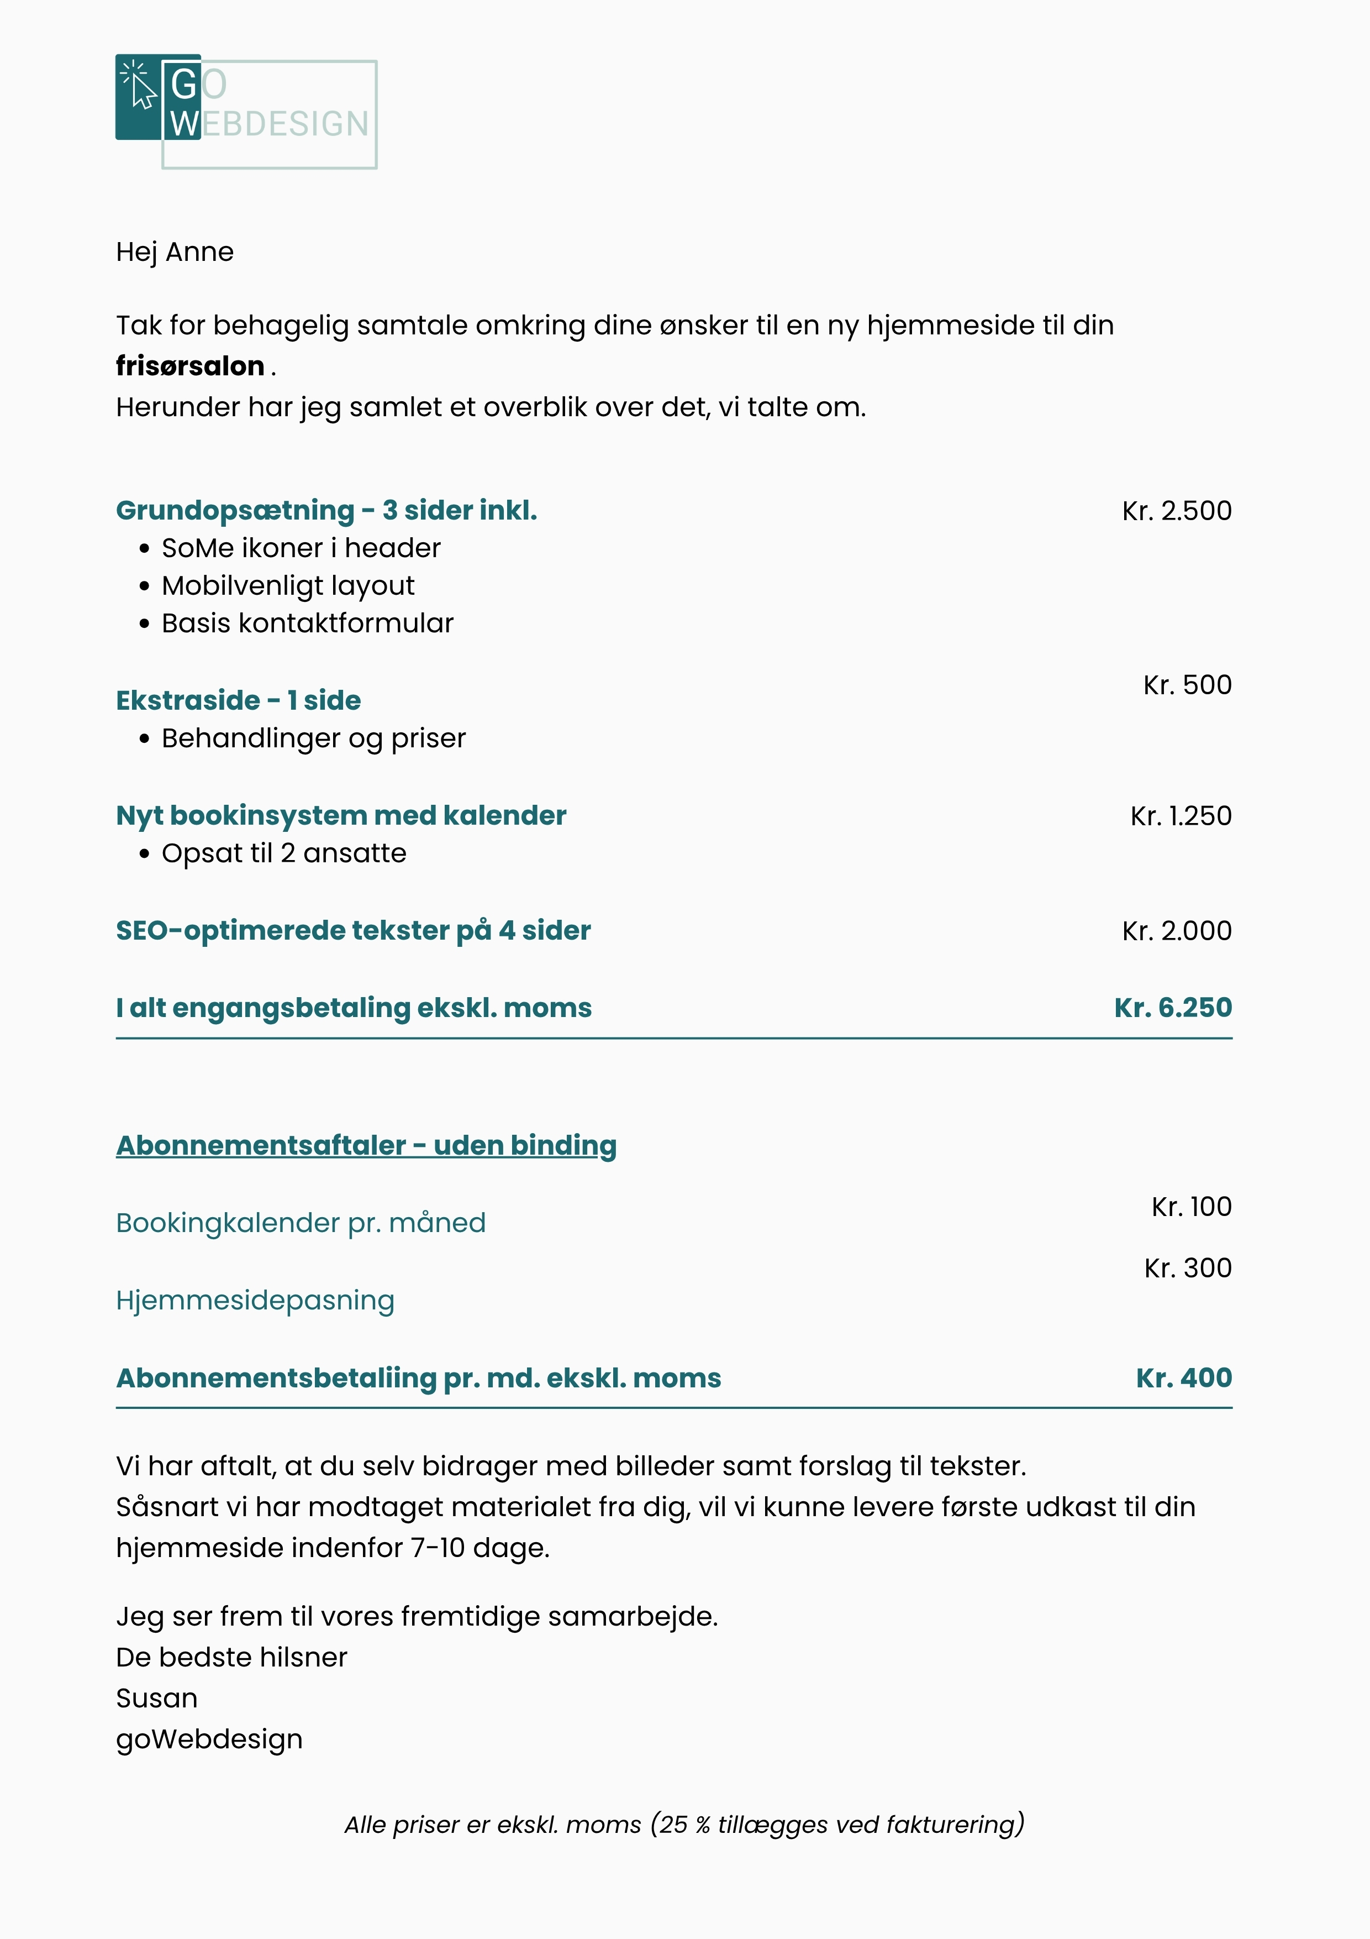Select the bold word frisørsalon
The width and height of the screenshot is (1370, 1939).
[190, 366]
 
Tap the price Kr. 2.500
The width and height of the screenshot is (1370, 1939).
[1176, 510]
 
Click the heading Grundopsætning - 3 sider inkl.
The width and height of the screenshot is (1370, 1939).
[326, 510]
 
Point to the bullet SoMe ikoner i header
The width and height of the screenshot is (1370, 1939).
[301, 548]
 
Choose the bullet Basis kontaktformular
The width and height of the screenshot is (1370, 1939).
[307, 623]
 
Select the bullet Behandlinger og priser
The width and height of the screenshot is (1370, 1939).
[313, 738]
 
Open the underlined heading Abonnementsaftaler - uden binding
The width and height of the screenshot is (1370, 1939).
[366, 1145]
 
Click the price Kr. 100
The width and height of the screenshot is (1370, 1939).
[1191, 1206]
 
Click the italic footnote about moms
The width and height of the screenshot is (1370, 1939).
[684, 1824]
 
